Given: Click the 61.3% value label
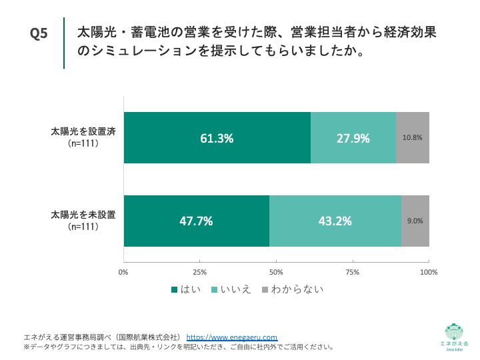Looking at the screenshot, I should (x=217, y=139).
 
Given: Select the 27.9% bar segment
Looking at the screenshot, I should (x=353, y=138).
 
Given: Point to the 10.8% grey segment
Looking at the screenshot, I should (x=413, y=138).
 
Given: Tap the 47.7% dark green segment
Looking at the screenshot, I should (x=197, y=221).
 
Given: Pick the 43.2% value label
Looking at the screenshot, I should (x=335, y=221).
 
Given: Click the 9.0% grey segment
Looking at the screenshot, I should (x=415, y=221).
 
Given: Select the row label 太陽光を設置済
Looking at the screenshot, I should (x=83, y=131).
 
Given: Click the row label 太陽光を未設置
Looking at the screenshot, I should (x=83, y=215).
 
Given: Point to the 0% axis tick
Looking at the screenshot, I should (x=123, y=272).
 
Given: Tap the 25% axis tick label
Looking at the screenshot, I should (x=199, y=272).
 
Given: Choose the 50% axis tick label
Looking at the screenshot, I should (x=276, y=272).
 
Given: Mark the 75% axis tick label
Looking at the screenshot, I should (x=353, y=272).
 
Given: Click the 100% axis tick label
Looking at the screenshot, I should (x=429, y=272).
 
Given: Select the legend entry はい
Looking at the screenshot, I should (x=188, y=289).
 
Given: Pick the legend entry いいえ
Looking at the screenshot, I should (x=231, y=289).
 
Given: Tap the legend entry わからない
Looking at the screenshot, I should (x=293, y=289).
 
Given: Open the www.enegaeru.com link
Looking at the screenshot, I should (x=231, y=337).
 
